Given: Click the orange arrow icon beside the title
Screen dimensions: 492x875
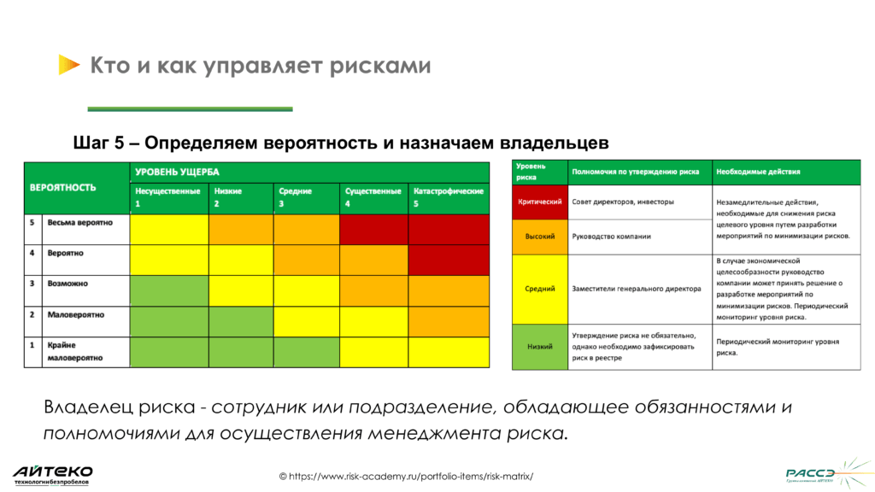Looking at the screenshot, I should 68,65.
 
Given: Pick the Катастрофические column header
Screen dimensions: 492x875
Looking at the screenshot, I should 449,197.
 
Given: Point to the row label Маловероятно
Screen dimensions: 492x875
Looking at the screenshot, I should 76,315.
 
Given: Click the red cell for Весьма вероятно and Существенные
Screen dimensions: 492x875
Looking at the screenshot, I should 373,229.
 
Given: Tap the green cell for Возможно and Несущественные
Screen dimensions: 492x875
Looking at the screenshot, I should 168,290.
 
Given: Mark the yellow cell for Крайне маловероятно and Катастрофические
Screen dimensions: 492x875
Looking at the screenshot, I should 449,352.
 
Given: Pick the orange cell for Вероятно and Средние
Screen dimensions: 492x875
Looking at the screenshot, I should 307,260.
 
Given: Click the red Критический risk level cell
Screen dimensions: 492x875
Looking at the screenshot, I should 540,202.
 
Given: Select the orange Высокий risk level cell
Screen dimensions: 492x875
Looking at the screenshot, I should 540,237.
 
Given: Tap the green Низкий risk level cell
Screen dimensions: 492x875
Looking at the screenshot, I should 540,347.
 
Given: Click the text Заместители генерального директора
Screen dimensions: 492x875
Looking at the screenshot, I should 631,289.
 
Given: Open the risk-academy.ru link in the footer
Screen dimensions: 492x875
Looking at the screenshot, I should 411,476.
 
